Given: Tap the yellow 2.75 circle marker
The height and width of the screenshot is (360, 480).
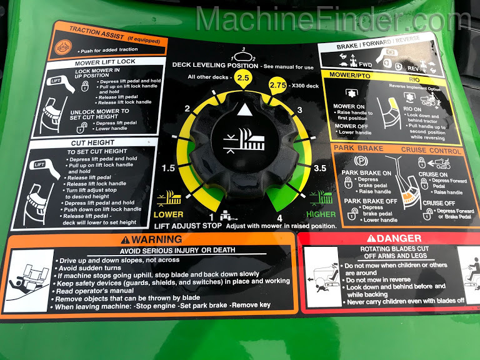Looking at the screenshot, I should (279, 86).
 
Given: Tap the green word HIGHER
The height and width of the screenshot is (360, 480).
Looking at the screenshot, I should (321, 214).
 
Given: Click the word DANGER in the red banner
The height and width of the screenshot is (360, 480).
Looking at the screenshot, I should (391, 238).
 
